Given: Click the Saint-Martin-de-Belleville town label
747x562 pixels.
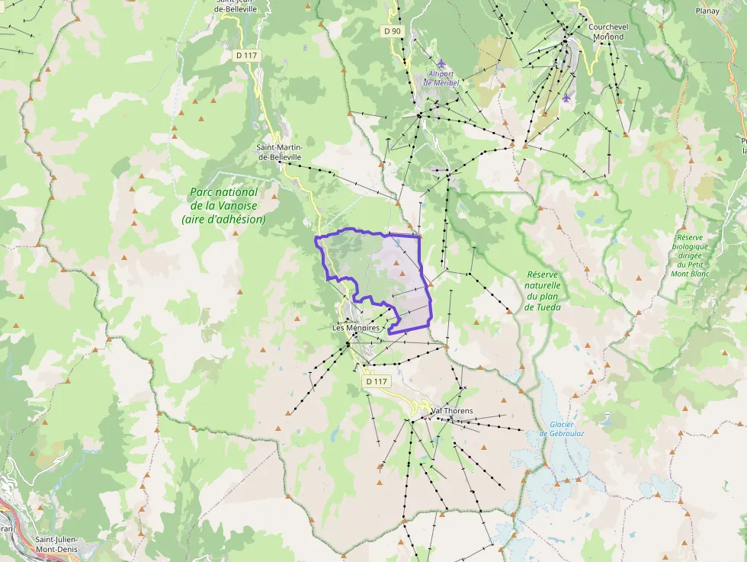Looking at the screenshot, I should (x=279, y=152).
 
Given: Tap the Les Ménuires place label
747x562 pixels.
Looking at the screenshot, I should (x=356, y=328).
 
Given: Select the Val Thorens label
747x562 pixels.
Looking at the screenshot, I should (x=451, y=411).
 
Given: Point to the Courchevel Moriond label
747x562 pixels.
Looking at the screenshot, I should (x=607, y=31).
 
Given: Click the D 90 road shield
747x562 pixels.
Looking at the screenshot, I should (x=392, y=31).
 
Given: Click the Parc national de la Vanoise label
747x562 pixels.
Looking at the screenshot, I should (x=223, y=205).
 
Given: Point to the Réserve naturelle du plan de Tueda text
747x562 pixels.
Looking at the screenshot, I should (x=542, y=291).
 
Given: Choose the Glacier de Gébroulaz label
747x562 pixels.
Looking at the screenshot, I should (x=561, y=429).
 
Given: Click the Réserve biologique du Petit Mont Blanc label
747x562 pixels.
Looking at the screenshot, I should (x=691, y=255).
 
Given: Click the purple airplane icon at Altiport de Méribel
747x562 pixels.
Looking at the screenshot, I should (x=441, y=63).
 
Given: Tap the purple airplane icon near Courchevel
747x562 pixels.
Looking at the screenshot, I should (x=565, y=98).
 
